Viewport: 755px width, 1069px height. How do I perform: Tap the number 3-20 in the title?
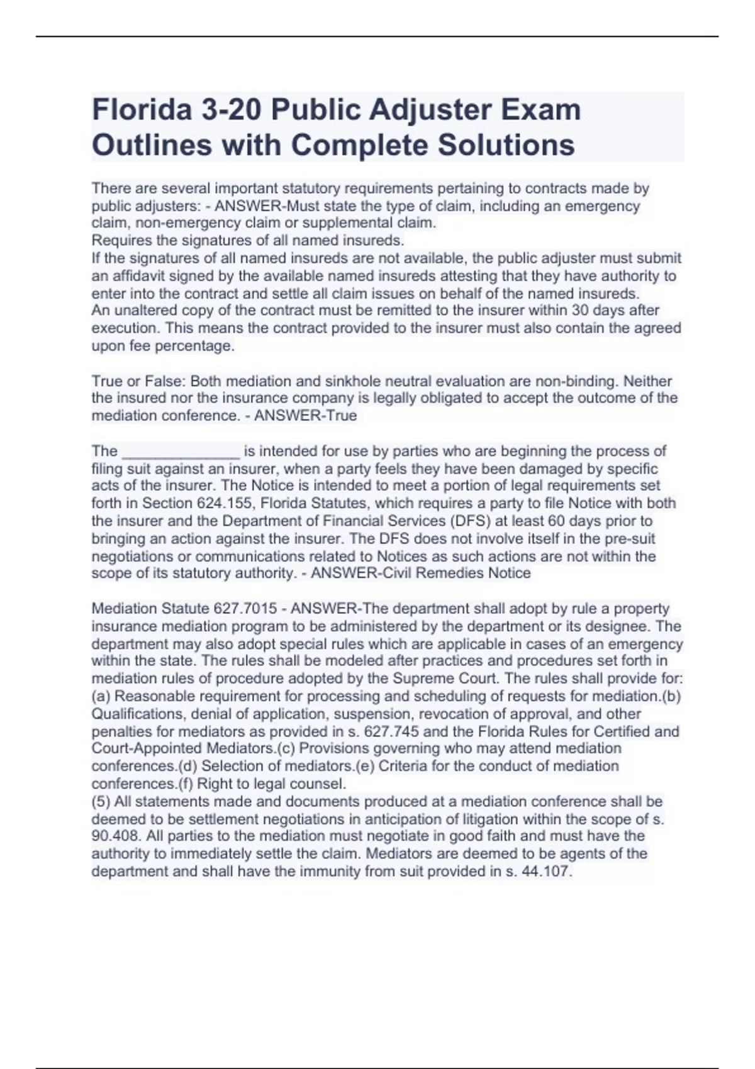232,110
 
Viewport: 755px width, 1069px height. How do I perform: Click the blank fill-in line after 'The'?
181,451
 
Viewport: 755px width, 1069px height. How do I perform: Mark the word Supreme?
422,679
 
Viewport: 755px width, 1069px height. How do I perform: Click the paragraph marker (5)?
102,802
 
